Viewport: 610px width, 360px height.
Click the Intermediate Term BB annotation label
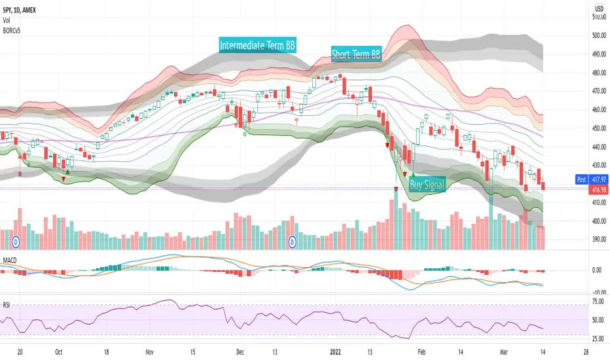pyautogui.click(x=257, y=46)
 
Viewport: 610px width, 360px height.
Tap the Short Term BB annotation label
pyautogui.click(x=357, y=54)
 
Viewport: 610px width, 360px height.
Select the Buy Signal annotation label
pyautogui.click(x=427, y=185)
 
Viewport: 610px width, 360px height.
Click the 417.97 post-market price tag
pyautogui.click(x=599, y=178)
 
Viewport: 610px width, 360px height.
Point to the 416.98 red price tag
pyautogui.click(x=599, y=188)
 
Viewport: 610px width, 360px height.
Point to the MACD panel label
pyautogui.click(x=10, y=261)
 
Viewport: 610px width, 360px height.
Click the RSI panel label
pyautogui.click(x=7, y=304)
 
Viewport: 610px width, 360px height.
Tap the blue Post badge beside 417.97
pyautogui.click(x=579, y=178)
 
